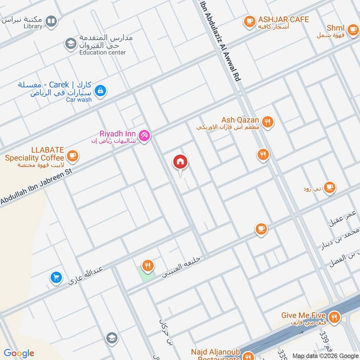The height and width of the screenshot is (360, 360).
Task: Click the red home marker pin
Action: pos(180,162)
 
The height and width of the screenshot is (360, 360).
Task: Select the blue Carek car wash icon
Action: pos(100,91)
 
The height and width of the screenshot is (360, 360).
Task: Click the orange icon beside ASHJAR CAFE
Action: pos(249,21)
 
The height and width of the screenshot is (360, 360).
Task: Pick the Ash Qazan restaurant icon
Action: pos(267,122)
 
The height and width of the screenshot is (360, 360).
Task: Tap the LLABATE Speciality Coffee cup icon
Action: pos(72,156)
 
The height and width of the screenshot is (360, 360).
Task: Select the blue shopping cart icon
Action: pos(56,278)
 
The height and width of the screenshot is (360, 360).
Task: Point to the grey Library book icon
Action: pos(52,21)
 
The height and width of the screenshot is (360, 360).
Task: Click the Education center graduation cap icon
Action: pos(70,43)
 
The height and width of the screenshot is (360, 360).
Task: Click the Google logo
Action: pos(19,353)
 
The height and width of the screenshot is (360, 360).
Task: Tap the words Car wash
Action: pos(79,100)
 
